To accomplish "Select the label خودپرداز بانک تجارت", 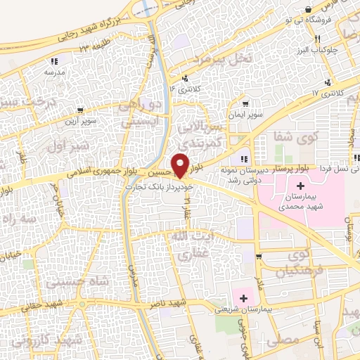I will point(149,187).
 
